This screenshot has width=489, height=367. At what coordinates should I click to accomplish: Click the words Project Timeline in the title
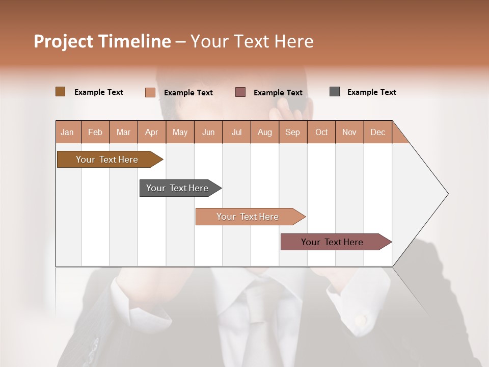pyautogui.click(x=102, y=41)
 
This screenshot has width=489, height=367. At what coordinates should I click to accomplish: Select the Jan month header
pyautogui.click(x=68, y=132)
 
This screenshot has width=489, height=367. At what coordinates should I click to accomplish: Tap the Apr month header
pyautogui.click(x=152, y=132)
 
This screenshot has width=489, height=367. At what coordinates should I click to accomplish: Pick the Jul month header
pyautogui.click(x=236, y=132)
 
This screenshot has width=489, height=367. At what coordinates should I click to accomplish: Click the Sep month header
pyautogui.click(x=293, y=132)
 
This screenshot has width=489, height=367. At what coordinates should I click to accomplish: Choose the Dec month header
pyautogui.click(x=377, y=132)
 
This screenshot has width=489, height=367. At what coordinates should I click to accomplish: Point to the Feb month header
pyautogui.click(x=95, y=132)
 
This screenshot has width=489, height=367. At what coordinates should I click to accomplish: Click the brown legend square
pyautogui.click(x=60, y=92)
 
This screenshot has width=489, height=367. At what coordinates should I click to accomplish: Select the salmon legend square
pyautogui.click(x=150, y=92)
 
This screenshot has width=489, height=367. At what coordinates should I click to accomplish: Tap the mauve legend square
pyautogui.click(x=240, y=92)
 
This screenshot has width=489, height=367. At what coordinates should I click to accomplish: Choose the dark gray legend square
pyautogui.click(x=335, y=92)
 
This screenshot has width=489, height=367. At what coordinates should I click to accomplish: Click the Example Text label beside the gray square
pyautogui.click(x=371, y=92)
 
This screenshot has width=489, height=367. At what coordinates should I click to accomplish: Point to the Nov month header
pyautogui.click(x=349, y=132)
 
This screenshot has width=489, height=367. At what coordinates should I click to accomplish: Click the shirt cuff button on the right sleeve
pyautogui.click(x=361, y=320)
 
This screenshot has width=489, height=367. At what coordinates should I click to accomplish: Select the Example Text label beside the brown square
pyautogui.click(x=99, y=92)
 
